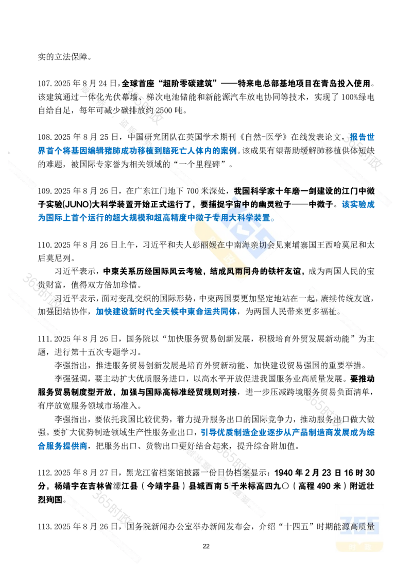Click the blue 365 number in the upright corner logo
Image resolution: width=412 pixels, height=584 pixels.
(x=360, y=525)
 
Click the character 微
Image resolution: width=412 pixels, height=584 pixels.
(x=370, y=190)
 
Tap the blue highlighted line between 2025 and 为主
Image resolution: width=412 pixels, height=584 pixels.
(x=166, y=311)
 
